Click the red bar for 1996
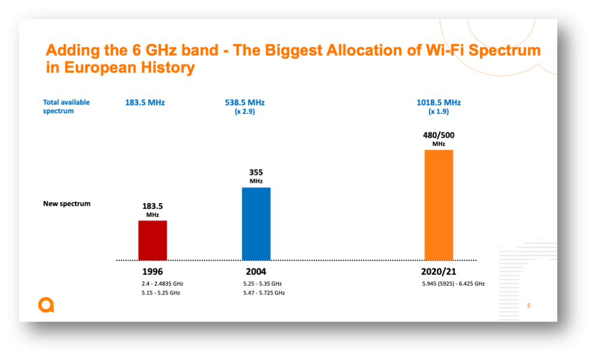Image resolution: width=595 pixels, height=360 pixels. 152,240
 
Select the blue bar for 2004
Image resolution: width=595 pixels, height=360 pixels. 256,223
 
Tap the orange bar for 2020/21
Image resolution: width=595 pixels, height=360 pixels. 439,204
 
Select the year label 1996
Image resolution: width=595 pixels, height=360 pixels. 152,271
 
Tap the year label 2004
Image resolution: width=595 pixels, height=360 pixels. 256,271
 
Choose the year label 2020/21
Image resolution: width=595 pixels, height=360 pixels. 439,271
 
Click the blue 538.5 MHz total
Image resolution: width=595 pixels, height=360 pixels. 245,102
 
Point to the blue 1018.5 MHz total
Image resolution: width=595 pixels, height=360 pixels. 439,102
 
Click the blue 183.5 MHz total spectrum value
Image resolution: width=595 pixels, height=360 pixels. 145,102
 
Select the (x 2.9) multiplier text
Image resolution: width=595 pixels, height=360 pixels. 245,111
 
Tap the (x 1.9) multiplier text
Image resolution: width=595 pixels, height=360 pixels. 439,111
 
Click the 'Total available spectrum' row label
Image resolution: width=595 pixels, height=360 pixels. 66,106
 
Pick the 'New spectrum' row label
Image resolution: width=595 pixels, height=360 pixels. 66,204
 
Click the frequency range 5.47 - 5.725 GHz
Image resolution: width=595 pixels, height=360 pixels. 264,293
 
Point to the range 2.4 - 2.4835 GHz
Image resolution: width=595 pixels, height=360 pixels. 162,284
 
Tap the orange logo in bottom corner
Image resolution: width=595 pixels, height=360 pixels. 46,305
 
